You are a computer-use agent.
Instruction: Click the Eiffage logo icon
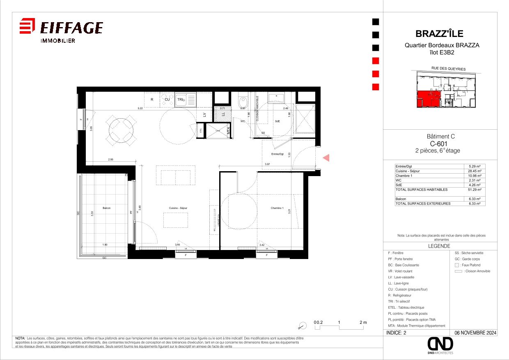[27, 27]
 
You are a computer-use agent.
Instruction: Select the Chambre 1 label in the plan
[277, 209]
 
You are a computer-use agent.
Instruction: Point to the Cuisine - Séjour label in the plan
[178, 209]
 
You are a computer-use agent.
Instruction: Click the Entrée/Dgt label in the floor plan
[277, 154]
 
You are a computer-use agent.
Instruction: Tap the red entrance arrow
[326, 157]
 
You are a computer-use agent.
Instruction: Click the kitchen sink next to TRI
[190, 100]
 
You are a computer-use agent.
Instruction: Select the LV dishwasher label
[204, 115]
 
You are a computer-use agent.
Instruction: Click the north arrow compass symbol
[303, 325]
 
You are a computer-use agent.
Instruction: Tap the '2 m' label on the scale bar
[362, 323]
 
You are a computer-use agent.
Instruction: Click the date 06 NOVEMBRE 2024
[475, 333]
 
